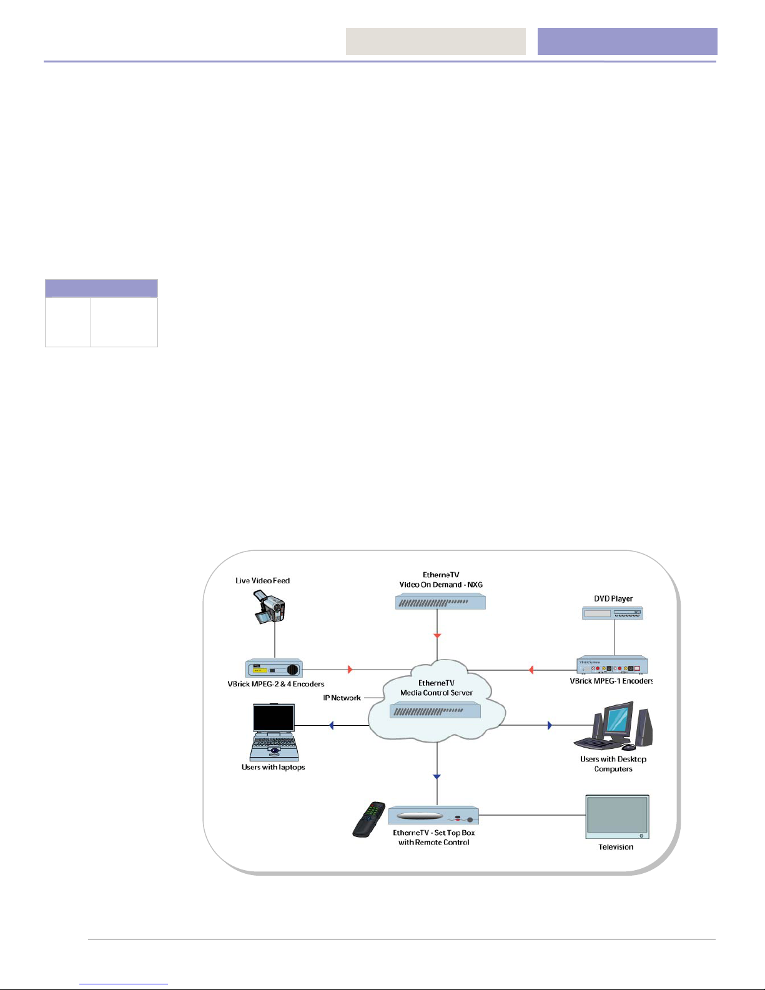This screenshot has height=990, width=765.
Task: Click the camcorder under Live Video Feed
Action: [x=269, y=607]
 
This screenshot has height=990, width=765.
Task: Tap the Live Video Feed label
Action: [x=262, y=580]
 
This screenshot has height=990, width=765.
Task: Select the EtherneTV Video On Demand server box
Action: [x=440, y=602]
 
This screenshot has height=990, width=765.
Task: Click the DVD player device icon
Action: [x=613, y=613]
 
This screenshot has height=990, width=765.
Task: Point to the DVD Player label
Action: [x=613, y=598]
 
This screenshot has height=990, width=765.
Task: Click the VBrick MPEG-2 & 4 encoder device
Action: [x=274, y=668]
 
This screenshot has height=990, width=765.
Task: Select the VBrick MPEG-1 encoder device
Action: [x=613, y=665]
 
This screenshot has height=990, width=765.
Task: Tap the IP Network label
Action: [x=342, y=698]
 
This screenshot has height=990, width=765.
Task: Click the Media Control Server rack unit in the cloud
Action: [x=435, y=710]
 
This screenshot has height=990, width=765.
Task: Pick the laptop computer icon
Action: [x=274, y=732]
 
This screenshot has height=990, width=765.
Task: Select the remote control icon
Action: [x=369, y=819]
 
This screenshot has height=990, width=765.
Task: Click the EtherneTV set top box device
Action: [x=433, y=816]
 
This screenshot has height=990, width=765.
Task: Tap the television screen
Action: [x=617, y=815]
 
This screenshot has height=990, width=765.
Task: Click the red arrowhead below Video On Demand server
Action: [x=437, y=636]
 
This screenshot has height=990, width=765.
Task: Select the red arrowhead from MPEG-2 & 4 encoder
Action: [x=350, y=669]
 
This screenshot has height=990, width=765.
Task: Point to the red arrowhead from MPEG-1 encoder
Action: [x=531, y=670]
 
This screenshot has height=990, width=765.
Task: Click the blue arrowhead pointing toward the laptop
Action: [x=331, y=725]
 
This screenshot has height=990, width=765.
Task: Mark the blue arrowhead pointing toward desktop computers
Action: [x=550, y=725]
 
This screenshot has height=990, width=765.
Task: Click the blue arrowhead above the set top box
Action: [x=437, y=776]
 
